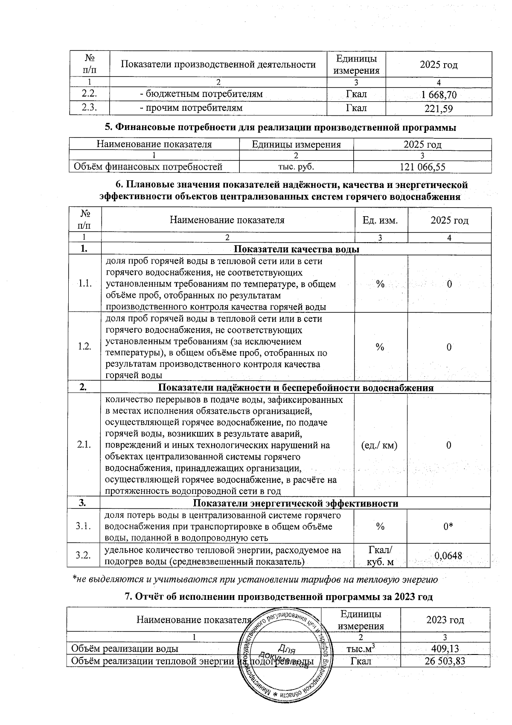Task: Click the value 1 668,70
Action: pyautogui.click(x=439, y=95)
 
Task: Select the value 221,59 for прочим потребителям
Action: pyautogui.click(x=439, y=109)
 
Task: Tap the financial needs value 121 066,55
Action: pyautogui.click(x=422, y=167)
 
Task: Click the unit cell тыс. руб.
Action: pyautogui.click(x=296, y=167)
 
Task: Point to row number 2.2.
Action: pyautogui.click(x=90, y=94)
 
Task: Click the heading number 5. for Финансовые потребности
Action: pyautogui.click(x=109, y=127)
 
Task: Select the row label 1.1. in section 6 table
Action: pyautogui.click(x=84, y=284)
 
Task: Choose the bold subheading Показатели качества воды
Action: pyautogui.click(x=297, y=249)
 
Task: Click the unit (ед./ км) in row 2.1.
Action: pyautogui.click(x=379, y=445)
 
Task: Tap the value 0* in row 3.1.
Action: pyautogui.click(x=448, y=527)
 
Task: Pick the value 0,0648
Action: pyautogui.click(x=448, y=556)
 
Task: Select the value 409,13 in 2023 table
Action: pyautogui.click(x=445, y=649)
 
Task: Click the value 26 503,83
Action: pyautogui.click(x=445, y=662)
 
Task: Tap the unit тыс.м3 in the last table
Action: pyautogui.click(x=361, y=649)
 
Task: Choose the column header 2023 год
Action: pyautogui.click(x=445, y=620)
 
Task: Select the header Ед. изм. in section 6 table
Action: pyautogui.click(x=380, y=220)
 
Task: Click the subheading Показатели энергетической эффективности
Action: pyautogui.click(x=296, y=503)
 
